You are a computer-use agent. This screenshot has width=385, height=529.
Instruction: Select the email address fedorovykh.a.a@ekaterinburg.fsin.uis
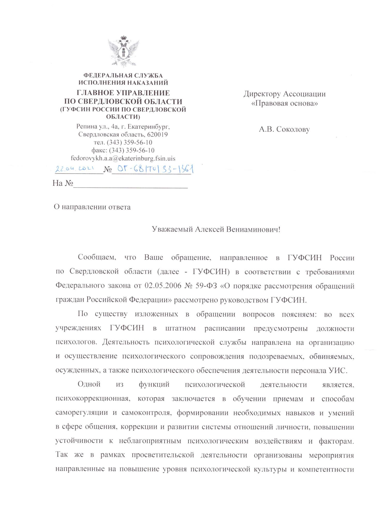(x=123, y=158)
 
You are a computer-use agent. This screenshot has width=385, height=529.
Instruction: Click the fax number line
(x=123, y=150)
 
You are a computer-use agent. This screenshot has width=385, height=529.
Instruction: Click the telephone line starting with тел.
(x=123, y=142)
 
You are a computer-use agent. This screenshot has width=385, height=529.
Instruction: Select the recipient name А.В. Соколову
(x=284, y=129)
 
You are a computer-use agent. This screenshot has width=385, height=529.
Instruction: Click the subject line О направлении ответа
(x=92, y=207)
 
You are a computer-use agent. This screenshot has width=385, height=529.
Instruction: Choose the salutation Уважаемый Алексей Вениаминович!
(x=216, y=229)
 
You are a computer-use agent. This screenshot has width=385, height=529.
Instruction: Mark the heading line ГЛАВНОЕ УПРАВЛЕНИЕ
(x=123, y=93)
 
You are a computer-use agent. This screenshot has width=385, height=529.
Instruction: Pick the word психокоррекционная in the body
(x=92, y=399)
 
